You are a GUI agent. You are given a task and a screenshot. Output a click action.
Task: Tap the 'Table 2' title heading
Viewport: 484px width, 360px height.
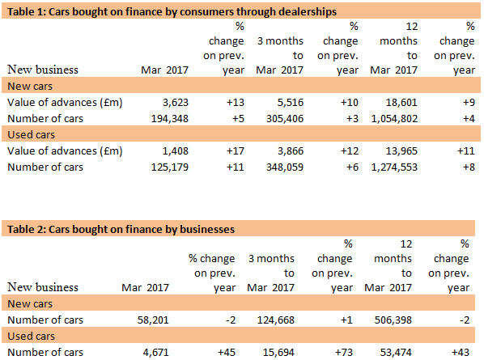(121, 229)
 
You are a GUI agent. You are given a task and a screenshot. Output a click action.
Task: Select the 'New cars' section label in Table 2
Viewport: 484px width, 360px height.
(30, 304)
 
